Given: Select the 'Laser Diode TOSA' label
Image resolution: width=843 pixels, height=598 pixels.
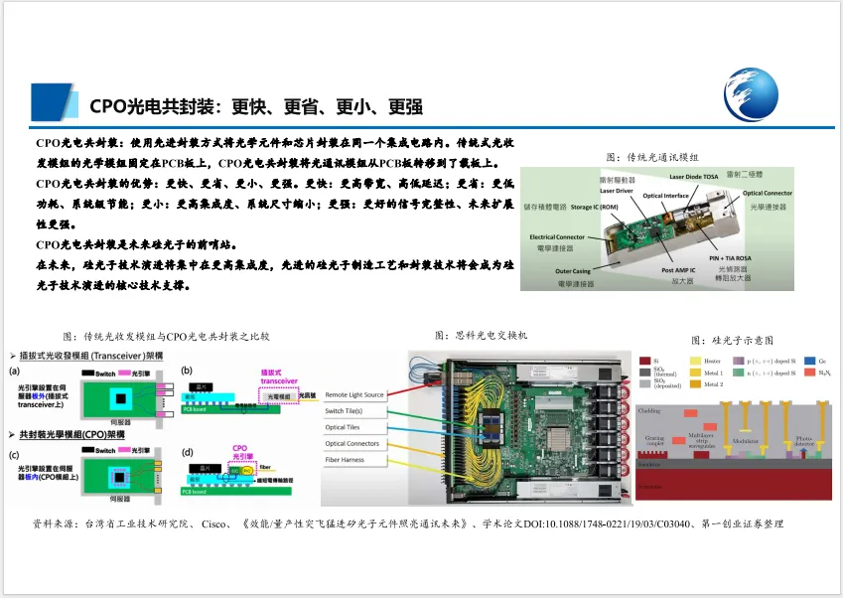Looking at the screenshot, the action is (x=698, y=176).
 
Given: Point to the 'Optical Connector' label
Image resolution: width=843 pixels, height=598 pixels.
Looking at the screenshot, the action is (x=767, y=193).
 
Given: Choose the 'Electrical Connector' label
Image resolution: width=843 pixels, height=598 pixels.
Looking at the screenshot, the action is (x=557, y=236).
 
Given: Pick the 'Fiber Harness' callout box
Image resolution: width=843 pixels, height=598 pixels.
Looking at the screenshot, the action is (x=348, y=459).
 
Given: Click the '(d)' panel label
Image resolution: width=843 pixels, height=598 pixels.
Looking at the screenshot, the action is (x=186, y=453).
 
